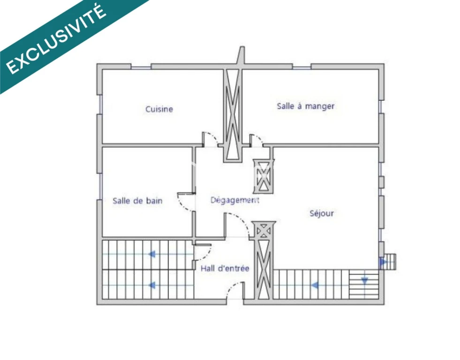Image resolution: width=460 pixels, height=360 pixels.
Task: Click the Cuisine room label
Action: coord(159,109)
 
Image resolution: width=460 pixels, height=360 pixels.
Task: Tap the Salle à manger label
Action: coord(305,106)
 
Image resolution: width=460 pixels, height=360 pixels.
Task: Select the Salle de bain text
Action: coord(137,201)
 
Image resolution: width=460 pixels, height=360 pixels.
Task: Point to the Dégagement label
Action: coord(235,200)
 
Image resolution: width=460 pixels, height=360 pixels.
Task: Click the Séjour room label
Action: coord(322,213)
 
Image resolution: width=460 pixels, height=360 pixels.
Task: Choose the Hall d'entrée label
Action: coord(225,268)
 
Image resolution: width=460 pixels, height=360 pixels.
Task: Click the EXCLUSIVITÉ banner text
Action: coord(56,39)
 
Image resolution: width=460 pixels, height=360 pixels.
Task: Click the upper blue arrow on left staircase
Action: coord(152,254)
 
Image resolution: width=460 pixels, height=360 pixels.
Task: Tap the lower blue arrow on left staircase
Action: coord(152,285)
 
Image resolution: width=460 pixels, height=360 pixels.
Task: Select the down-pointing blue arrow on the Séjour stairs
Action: coord(364,281)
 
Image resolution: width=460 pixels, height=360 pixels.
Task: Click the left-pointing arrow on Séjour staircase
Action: coord(315,285)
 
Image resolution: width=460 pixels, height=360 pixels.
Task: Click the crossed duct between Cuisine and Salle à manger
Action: coord(233,115)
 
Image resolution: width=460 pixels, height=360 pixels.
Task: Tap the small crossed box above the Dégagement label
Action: coord(264,176)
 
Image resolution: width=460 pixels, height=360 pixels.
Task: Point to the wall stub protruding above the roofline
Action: coord(241,55)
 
